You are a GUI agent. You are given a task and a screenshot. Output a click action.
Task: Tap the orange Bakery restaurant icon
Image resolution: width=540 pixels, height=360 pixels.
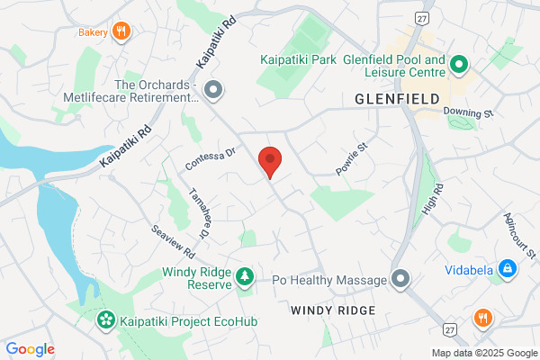click(x=122, y=32)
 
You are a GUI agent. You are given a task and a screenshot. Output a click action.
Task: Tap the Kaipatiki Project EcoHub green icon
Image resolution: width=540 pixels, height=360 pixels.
click(x=106, y=319)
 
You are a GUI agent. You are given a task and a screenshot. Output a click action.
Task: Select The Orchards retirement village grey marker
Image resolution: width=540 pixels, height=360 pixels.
click(x=213, y=90)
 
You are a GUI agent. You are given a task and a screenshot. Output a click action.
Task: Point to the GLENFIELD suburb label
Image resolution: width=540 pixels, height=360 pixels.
click(x=397, y=97)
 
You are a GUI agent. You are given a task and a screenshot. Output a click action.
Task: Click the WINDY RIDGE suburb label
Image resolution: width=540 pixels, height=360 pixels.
click(x=330, y=310)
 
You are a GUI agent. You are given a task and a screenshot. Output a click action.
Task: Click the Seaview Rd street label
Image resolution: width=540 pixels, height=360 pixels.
click(x=174, y=238)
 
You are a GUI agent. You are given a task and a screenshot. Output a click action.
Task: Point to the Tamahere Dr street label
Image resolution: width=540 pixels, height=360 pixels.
click(x=199, y=212)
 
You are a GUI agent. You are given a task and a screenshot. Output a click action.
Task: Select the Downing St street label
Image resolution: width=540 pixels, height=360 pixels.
click(x=469, y=113)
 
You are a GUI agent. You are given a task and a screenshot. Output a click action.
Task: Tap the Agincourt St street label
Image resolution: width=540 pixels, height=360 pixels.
click(x=516, y=232)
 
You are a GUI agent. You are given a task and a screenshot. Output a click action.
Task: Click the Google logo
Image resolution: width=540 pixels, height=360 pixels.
click(x=31, y=348)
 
